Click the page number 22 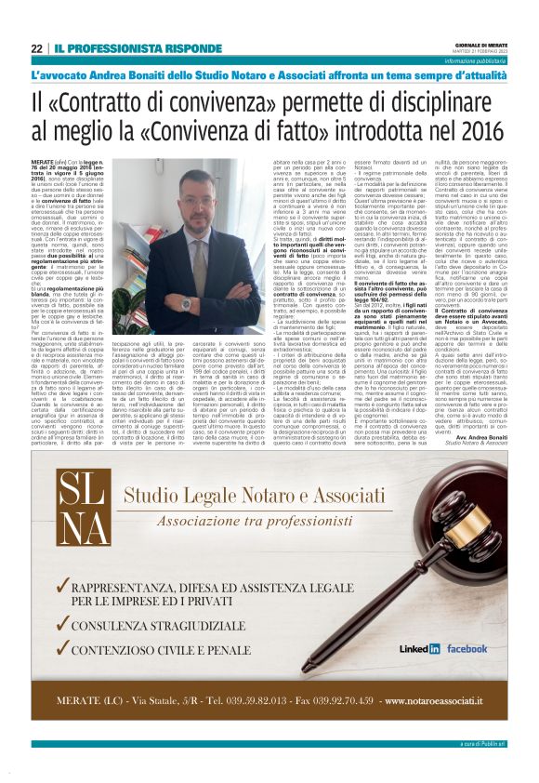(x=37, y=48)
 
